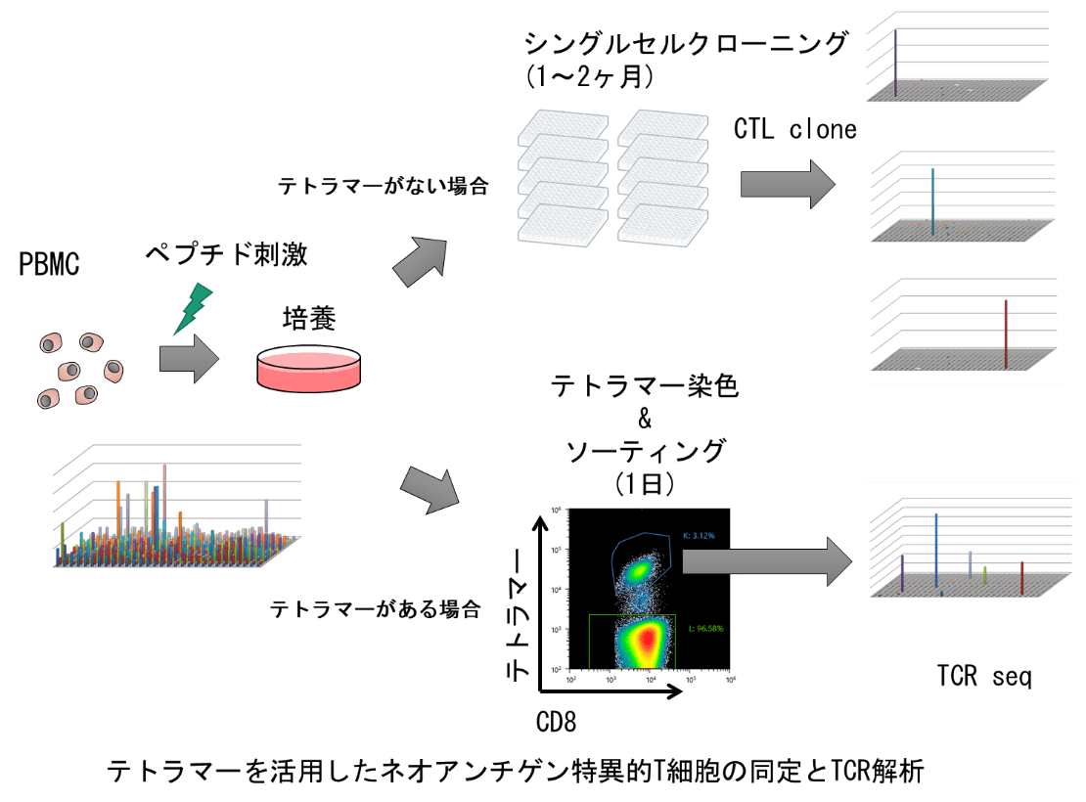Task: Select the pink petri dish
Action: [308, 372]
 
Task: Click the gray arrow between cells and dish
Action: [188, 359]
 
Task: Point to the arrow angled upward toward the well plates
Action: [422, 261]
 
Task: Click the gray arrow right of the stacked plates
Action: [787, 184]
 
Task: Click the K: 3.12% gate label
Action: [699, 536]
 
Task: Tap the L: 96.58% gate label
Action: [702, 628]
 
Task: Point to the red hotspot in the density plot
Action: [647, 641]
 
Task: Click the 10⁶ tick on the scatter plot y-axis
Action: [556, 511]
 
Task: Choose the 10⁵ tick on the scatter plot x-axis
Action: [689, 677]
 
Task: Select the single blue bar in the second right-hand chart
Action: [932, 200]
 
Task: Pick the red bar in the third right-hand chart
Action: [1006, 334]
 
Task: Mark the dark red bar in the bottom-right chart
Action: [1021, 577]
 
